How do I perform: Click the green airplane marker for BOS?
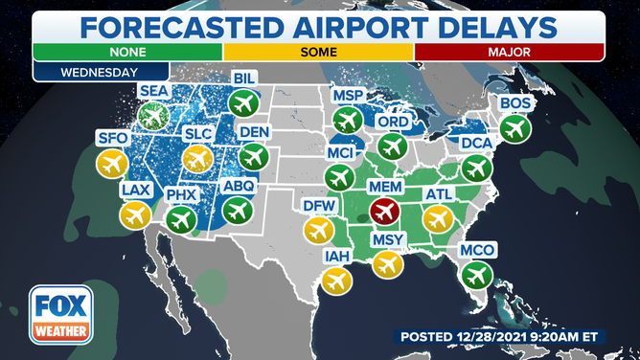(x=514, y=126)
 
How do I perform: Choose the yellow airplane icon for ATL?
(x=438, y=219)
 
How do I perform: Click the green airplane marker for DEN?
(x=254, y=156)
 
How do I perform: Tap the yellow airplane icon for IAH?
(x=335, y=281)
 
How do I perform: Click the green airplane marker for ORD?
(x=391, y=146)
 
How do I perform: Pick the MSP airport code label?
(x=347, y=96)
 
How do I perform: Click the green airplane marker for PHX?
(x=181, y=220)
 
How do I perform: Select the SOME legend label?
(x=319, y=51)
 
